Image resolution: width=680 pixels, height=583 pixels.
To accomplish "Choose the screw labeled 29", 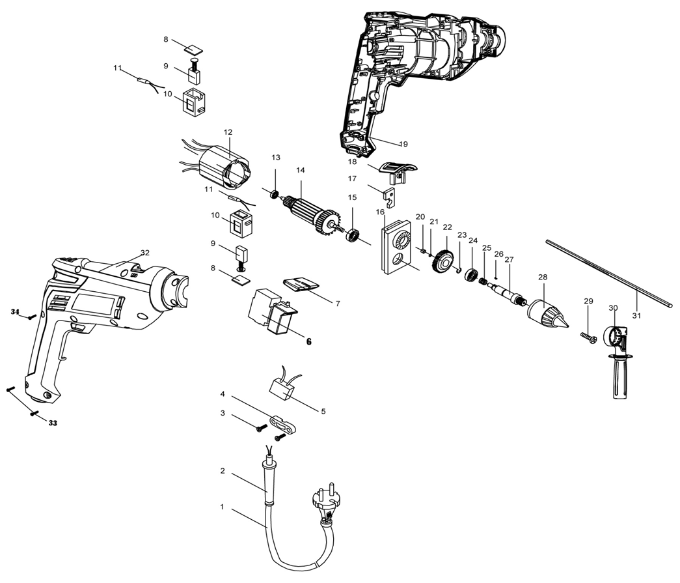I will tap(589, 337).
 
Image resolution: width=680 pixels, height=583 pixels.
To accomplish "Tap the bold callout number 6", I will tap(308, 341).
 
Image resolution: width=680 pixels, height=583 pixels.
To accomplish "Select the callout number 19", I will tap(403, 143).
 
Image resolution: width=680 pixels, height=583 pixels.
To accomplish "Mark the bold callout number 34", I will tap(14, 312).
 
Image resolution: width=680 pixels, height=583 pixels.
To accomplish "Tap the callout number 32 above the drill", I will tap(144, 252).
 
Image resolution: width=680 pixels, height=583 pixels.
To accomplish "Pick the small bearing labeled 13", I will tap(274, 194).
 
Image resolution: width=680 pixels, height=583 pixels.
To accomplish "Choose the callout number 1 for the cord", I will tap(222, 506).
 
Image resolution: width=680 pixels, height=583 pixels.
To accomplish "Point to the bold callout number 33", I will tap(53, 422).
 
